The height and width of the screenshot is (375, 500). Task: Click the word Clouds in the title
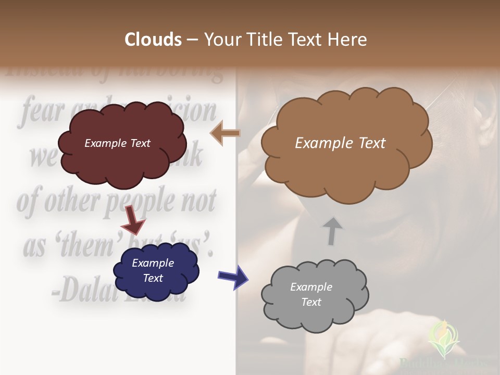point(153,40)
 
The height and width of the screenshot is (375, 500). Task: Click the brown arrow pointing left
point(226,133)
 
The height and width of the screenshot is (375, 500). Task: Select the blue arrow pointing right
point(233,276)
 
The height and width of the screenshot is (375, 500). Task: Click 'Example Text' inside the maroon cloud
point(117,143)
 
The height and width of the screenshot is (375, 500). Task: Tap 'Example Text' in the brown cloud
point(340,143)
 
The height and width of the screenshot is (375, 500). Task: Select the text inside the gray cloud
point(311,294)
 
